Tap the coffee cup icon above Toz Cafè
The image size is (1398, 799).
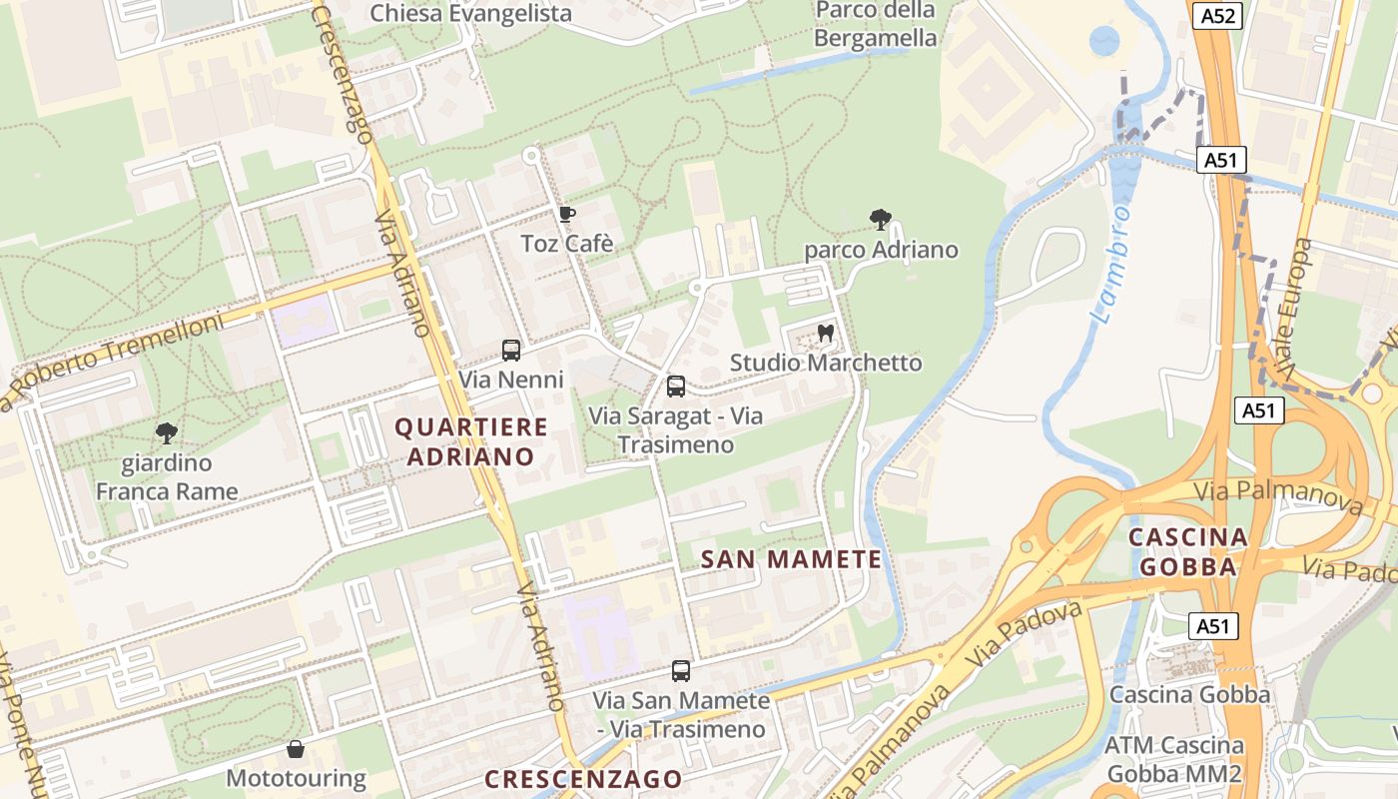pos(567,214)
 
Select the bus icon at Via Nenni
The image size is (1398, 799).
pos(511,351)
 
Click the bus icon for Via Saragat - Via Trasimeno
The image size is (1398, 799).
pos(676,387)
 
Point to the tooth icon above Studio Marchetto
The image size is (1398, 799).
pos(826,333)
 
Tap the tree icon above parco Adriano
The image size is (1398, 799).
pos(880,220)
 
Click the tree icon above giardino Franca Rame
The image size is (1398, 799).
pos(167,433)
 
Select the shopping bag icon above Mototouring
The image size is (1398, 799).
pos(296,748)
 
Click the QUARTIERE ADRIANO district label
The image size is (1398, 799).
pos(471,441)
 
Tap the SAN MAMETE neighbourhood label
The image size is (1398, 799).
pos(792,559)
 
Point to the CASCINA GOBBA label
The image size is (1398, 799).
pos(1188,551)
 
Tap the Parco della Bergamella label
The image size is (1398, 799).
pos(876,25)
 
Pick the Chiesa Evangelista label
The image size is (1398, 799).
pos(470,13)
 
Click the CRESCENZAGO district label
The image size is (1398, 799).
pos(584,779)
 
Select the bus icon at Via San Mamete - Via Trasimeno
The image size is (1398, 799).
pos(681,671)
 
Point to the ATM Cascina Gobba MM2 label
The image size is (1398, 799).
pos(1174,759)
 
